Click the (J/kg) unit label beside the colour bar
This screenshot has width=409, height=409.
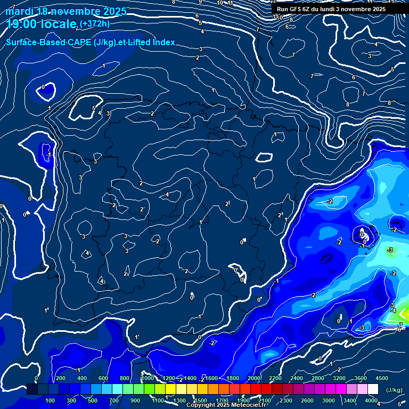point(394,390)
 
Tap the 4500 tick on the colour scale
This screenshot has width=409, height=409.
point(382,378)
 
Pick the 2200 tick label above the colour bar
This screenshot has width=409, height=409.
point(275,378)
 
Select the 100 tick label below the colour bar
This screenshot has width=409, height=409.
point(51,400)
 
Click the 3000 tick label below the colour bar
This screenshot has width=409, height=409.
point(329,400)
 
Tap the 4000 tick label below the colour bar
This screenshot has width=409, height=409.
point(371,400)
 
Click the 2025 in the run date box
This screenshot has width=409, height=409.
point(377,9)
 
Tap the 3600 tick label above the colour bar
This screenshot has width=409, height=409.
point(361,378)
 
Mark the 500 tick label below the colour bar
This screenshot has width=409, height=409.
point(93,400)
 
